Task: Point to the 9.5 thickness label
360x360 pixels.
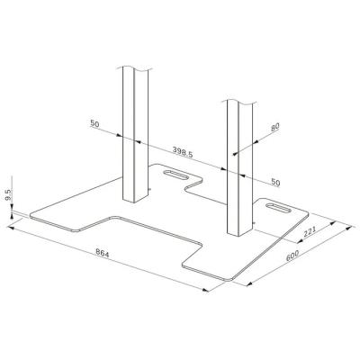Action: click(8, 193)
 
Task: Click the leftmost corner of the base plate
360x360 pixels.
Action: click(29, 214)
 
